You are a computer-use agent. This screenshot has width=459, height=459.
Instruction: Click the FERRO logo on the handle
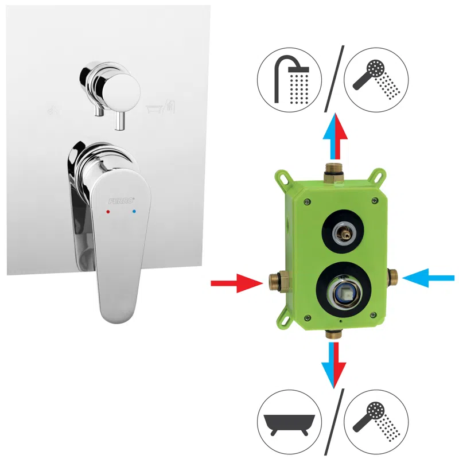pyautogui.click(x=122, y=200)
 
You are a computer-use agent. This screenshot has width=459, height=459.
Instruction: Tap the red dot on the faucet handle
pyautogui.click(x=108, y=211)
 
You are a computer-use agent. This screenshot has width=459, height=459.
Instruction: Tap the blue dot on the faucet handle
pyautogui.click(x=134, y=211)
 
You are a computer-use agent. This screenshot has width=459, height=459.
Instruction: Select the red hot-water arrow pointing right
pyautogui.click(x=237, y=283)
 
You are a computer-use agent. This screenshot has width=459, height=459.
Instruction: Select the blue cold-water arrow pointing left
pyautogui.click(x=428, y=278)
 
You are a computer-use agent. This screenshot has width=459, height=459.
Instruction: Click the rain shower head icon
pyautogui.click(x=290, y=80)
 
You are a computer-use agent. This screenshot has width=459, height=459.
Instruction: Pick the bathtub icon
pyautogui.click(x=290, y=422)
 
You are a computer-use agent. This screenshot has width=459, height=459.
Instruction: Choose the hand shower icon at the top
pyautogui.click(x=376, y=80)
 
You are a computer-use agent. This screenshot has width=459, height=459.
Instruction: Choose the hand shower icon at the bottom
pyautogui.click(x=376, y=422)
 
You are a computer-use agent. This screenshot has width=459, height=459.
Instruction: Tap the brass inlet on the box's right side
pyautogui.click(x=392, y=277)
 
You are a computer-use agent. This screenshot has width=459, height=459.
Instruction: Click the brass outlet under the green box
pyautogui.click(x=334, y=334)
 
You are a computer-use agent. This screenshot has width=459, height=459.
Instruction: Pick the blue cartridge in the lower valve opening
pyautogui.click(x=341, y=293)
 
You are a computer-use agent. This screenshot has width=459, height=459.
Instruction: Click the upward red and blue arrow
pyautogui.click(x=335, y=136)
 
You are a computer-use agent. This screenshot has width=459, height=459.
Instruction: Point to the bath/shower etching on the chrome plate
pyautogui.click(x=161, y=107)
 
